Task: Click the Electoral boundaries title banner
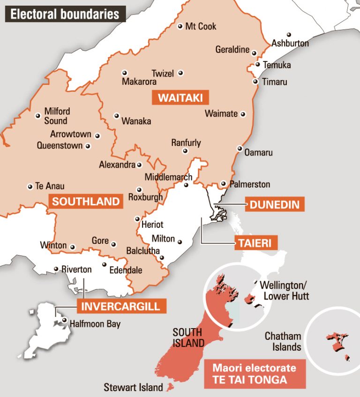tap(65, 14)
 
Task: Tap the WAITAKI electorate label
tap(180, 98)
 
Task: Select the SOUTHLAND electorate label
tap(86, 202)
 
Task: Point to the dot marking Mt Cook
tap(180, 27)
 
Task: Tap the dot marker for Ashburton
tap(289, 35)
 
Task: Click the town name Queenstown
tap(60, 146)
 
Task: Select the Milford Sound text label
tap(57, 116)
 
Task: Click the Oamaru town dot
tap(240, 149)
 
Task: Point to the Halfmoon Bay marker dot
tap(64, 321)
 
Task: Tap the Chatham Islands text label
tap(283, 342)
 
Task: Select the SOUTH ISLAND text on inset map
tap(187, 337)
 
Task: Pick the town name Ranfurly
tap(186, 142)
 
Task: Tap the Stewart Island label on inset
tap(133, 388)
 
